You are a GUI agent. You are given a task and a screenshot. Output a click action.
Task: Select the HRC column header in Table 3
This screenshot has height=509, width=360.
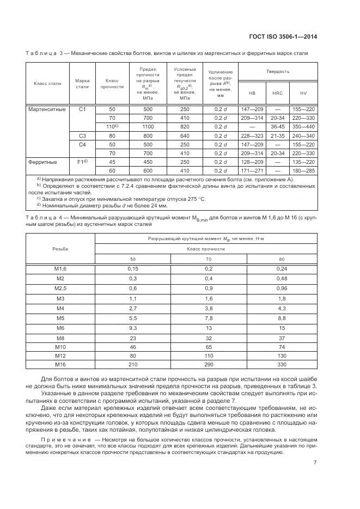pos(278,93)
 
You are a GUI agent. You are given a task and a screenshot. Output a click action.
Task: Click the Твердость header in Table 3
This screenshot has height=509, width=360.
pos(278,71)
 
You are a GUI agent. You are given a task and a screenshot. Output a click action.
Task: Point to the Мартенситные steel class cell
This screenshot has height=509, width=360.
pos(47,109)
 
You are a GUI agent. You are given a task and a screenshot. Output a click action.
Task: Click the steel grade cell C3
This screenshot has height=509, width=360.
pos(83,136)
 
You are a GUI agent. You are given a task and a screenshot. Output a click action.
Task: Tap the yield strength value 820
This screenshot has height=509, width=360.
pos(185,127)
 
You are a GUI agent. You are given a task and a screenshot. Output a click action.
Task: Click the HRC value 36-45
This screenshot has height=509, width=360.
pos(278,127)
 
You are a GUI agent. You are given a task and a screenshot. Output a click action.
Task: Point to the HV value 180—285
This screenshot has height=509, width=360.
pos(304,171)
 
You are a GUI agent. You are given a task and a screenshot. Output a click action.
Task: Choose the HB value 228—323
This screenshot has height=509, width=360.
pos(251,136)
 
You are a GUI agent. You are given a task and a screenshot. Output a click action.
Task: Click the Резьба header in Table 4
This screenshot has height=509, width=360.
pos(60,247)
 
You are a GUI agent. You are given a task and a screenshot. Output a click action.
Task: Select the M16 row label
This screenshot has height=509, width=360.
pos(60,364)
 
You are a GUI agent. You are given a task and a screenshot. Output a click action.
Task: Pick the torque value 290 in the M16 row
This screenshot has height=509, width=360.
pos(209,364)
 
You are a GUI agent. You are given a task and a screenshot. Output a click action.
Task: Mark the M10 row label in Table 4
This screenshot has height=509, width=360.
pos(60,346)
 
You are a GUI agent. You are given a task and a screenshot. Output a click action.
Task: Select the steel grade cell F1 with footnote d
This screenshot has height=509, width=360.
pos(83,162)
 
